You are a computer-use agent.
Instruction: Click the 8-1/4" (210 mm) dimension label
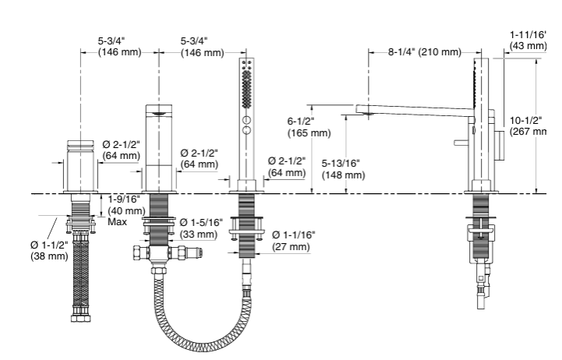tap(424, 52)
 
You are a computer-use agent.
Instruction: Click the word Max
tap(117, 222)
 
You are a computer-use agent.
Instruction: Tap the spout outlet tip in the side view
tap(362, 112)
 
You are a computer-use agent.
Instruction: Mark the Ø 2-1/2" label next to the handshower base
tap(286, 166)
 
